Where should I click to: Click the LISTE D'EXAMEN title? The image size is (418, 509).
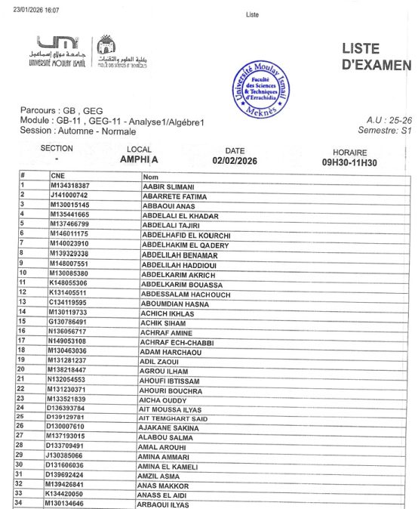click(x=375, y=56)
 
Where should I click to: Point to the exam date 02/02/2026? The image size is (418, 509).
click(x=235, y=161)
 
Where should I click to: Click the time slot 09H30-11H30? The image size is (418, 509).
click(x=349, y=162)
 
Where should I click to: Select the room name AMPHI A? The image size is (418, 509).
click(x=139, y=160)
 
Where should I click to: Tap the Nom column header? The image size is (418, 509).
click(x=150, y=177)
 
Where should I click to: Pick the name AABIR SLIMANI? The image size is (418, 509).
click(x=169, y=187)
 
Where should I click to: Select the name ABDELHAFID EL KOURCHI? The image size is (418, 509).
click(x=186, y=236)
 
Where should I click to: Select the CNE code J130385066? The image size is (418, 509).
click(x=67, y=455)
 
